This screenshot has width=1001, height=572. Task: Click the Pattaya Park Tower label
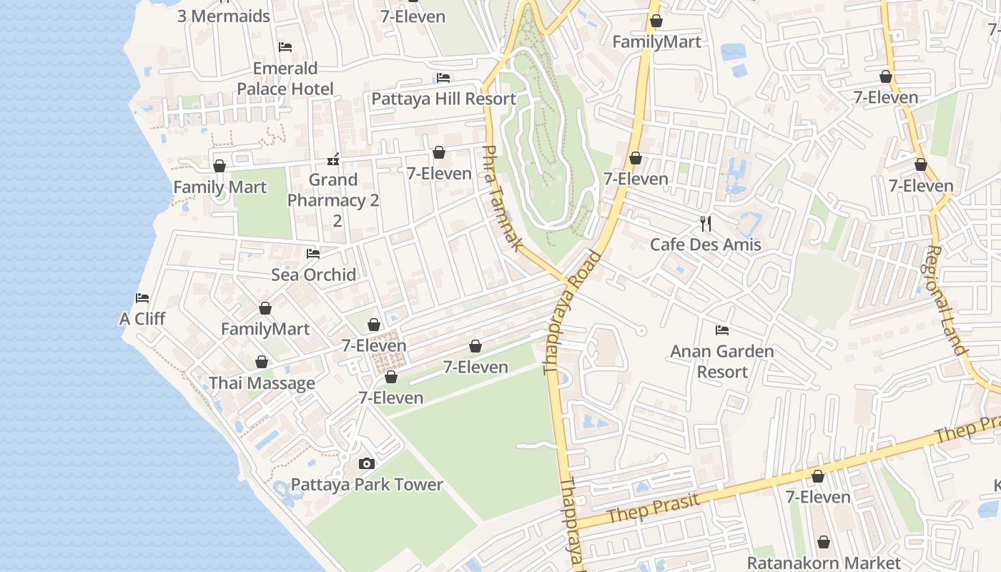click(x=366, y=485)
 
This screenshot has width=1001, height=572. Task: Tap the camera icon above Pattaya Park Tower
click(x=367, y=464)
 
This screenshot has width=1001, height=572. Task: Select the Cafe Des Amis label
click(x=705, y=245)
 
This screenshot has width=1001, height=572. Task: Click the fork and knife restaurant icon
click(x=706, y=224)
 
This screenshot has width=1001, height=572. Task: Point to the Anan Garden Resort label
click(x=722, y=361)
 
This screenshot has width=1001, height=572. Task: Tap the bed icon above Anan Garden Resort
click(x=722, y=330)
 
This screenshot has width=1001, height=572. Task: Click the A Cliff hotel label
click(x=142, y=319)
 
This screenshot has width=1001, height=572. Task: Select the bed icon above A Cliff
click(x=142, y=298)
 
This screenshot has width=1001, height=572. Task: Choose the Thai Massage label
click(x=262, y=383)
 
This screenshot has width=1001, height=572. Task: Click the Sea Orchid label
click(x=313, y=275)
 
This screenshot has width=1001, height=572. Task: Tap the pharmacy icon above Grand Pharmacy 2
click(x=333, y=159)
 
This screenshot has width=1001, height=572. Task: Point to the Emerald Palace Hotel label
click(x=285, y=79)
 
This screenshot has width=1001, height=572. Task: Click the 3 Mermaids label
click(x=224, y=16)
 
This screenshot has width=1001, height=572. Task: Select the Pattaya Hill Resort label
click(x=443, y=99)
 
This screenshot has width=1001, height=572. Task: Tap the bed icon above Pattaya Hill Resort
click(x=443, y=78)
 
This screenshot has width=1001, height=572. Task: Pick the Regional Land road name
click(x=946, y=300)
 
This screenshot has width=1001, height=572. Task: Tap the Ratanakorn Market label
click(x=824, y=563)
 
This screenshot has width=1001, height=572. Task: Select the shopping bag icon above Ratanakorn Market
click(x=824, y=543)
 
